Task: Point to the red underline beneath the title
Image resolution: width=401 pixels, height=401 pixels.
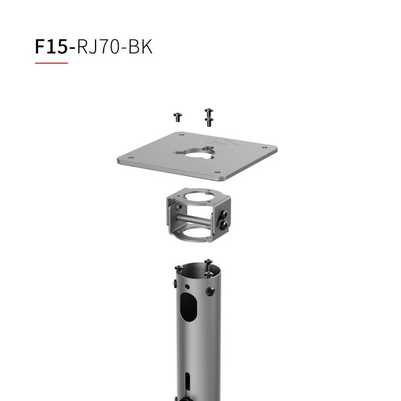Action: tap(51, 63)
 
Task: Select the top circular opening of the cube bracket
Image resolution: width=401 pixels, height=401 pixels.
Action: tap(194, 198)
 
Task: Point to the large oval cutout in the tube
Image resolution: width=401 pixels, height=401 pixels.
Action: tap(188, 311)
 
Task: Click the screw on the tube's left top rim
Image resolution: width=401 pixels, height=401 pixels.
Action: tap(178, 269)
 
